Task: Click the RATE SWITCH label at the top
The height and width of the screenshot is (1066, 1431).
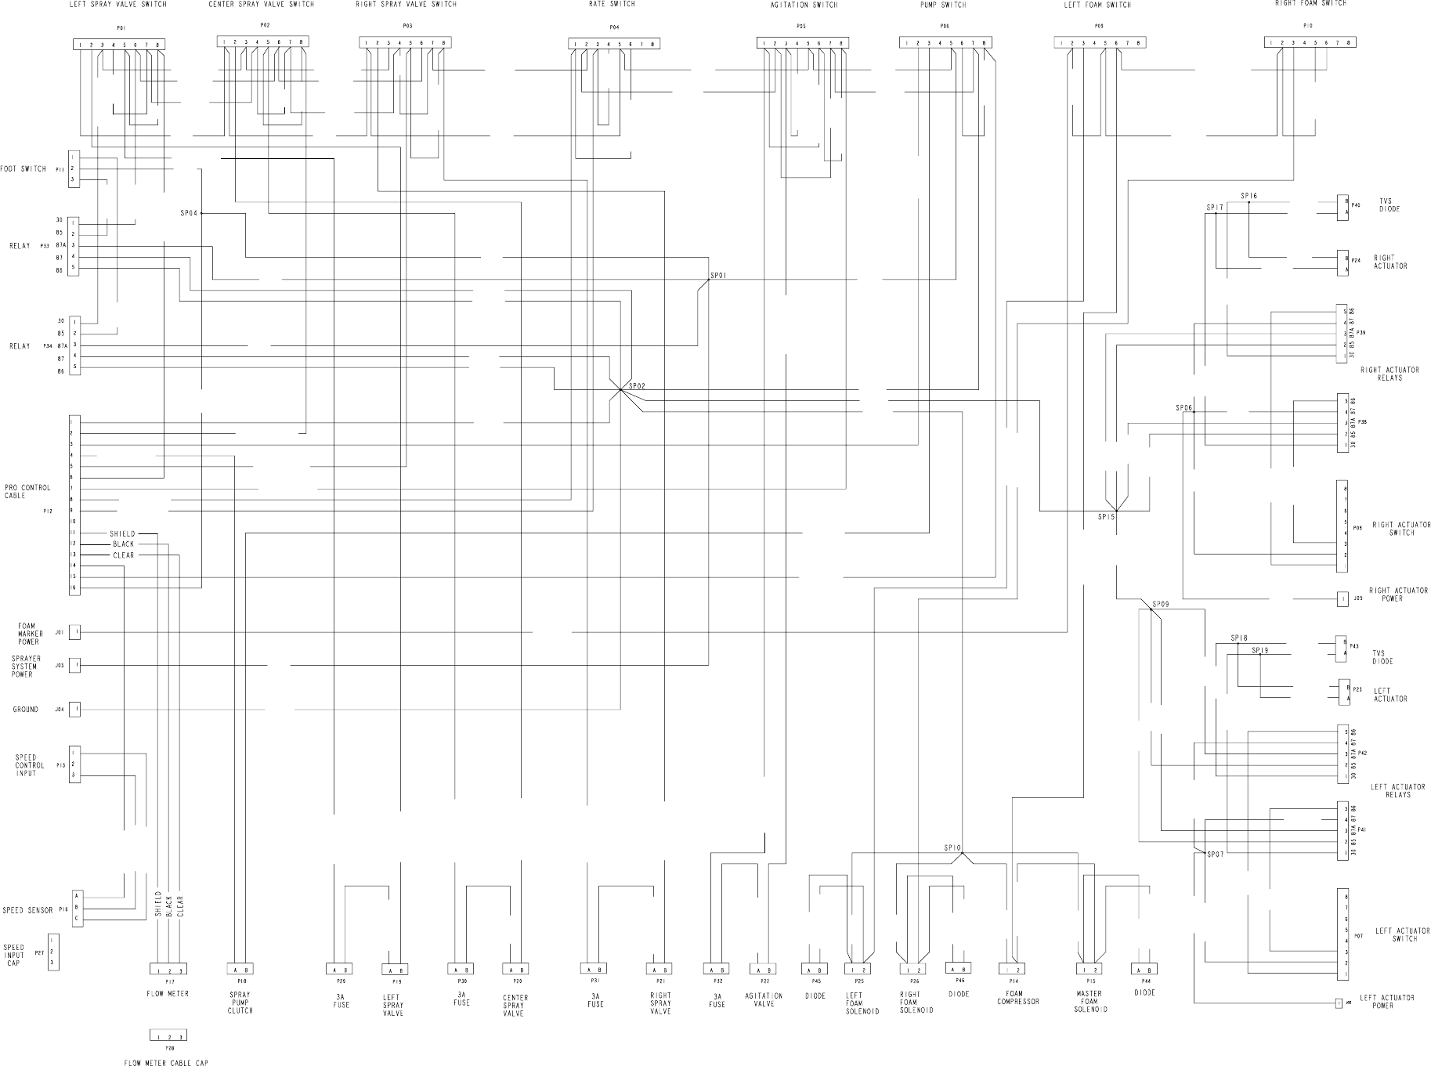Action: [612, 4]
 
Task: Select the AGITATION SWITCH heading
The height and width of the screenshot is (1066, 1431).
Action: [804, 5]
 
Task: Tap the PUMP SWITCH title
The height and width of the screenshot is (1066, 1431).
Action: [943, 5]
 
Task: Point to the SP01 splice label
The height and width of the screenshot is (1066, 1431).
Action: [718, 276]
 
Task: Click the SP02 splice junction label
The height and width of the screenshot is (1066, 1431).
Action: [636, 385]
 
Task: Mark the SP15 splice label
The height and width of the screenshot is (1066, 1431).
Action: [1106, 517]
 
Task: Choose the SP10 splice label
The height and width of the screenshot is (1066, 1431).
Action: [952, 847]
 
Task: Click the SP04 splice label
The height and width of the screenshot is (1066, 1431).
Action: [190, 213]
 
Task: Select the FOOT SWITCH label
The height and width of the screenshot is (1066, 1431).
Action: [23, 169]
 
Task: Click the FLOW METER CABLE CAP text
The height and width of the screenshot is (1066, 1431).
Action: [166, 1063]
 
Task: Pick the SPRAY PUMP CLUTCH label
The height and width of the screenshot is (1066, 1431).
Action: [240, 1003]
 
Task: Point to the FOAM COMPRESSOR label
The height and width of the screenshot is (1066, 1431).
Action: [1018, 998]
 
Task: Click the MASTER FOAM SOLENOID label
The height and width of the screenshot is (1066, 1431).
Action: [1090, 1002]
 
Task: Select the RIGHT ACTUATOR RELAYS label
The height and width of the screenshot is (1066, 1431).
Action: [1389, 374]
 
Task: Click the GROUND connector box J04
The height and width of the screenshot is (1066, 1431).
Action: [74, 710]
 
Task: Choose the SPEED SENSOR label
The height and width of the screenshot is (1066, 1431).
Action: [27, 911]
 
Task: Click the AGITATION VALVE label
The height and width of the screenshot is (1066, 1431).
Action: [764, 999]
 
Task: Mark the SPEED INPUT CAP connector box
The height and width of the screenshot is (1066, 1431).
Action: [53, 952]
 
